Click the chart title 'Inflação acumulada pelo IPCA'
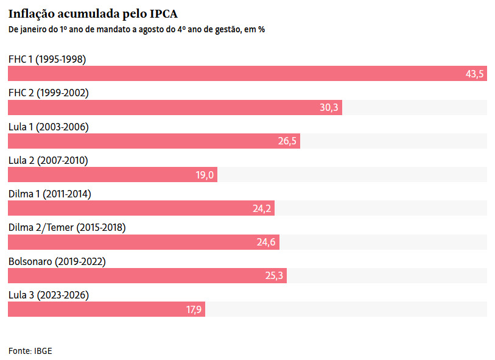click(x=93, y=14)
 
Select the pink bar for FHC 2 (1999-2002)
click(x=175, y=107)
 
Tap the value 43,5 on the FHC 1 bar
click(x=474, y=74)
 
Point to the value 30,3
click(x=329, y=108)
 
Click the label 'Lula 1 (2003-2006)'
click(x=49, y=127)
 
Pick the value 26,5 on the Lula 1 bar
click(x=287, y=141)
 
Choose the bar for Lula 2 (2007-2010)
click(x=113, y=175)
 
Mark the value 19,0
click(x=205, y=175)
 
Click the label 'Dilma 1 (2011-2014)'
click(x=49, y=194)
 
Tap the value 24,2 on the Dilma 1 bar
click(x=262, y=208)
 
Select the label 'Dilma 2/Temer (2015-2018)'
click(x=67, y=228)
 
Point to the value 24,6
click(x=266, y=242)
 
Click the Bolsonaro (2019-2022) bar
click(x=147, y=276)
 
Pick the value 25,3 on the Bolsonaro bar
click(x=274, y=276)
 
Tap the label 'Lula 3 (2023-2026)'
click(x=49, y=295)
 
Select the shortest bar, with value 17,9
click(x=107, y=309)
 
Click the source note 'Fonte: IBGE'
click(x=30, y=351)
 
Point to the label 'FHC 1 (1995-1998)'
click(x=47, y=59)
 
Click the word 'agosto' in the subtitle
click(x=150, y=30)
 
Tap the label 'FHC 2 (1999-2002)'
click(x=49, y=93)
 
